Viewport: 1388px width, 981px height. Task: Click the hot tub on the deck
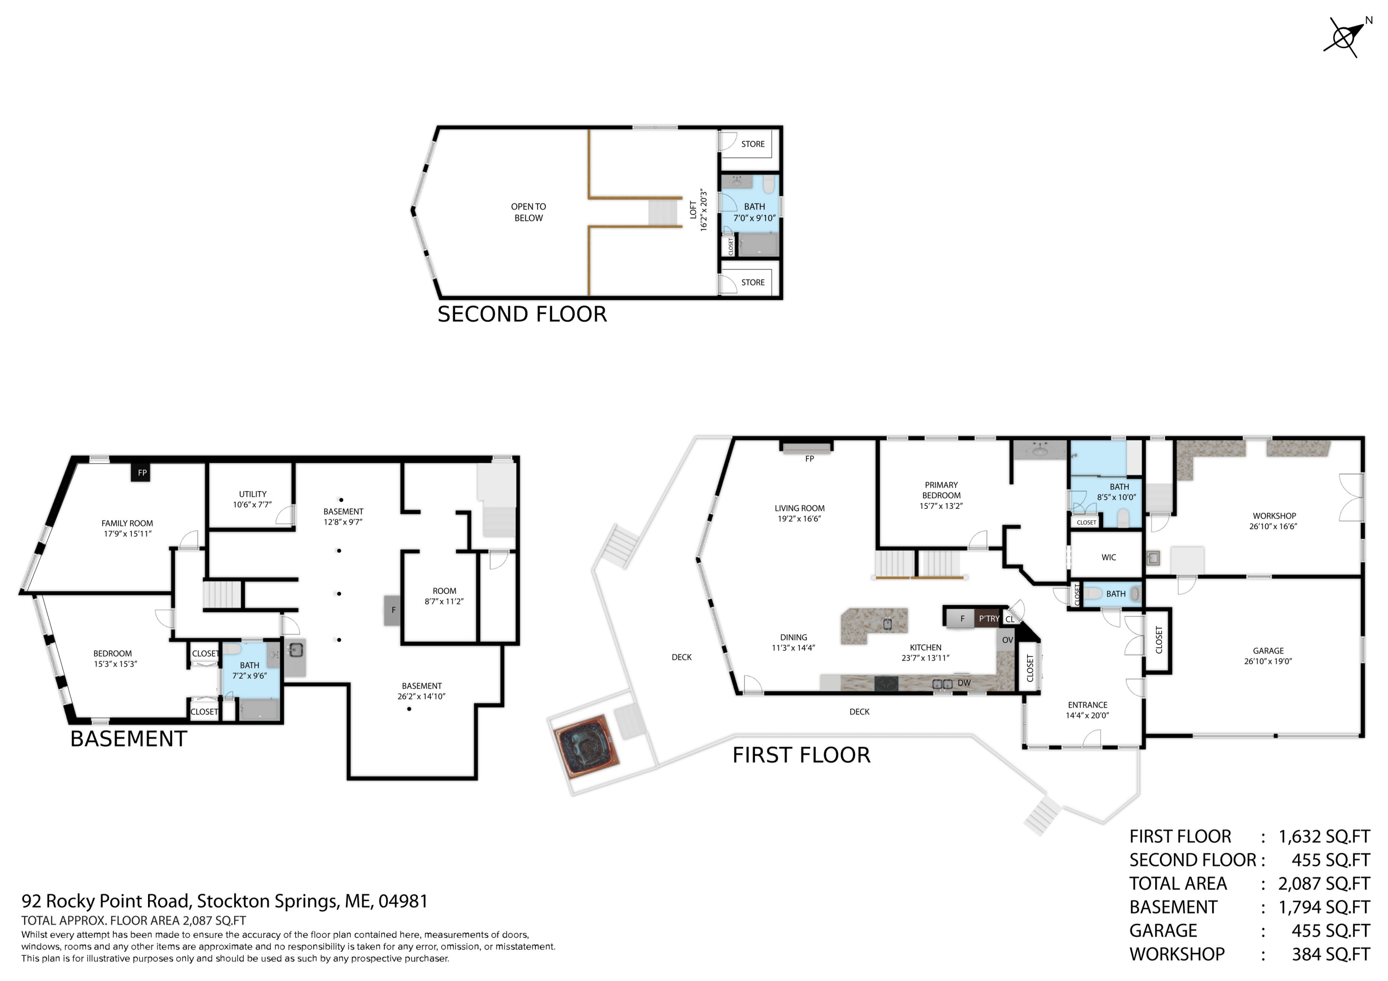(x=586, y=746)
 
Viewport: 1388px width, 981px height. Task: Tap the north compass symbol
(x=1346, y=37)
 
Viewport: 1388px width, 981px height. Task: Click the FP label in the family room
(x=142, y=473)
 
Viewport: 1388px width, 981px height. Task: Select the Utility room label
(x=253, y=499)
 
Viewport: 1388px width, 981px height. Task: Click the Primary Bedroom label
(x=941, y=495)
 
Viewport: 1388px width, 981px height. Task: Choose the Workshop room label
(x=1274, y=521)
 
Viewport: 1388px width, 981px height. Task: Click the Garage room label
(x=1268, y=656)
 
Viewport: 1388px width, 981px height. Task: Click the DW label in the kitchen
(x=964, y=683)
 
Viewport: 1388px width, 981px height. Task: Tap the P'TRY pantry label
(x=989, y=619)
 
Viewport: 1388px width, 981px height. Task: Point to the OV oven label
(x=1007, y=640)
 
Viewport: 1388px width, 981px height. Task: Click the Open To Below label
(x=528, y=212)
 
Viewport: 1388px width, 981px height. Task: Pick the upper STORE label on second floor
(x=753, y=144)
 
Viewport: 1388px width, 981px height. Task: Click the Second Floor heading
(x=522, y=314)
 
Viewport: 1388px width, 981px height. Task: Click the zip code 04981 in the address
(x=403, y=901)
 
